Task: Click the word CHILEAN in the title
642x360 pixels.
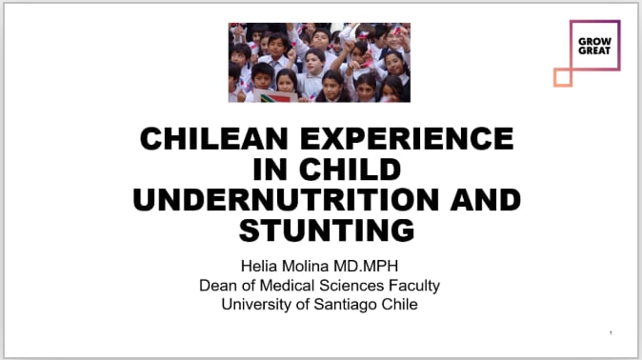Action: point(213,138)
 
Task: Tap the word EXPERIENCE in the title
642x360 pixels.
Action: point(407,138)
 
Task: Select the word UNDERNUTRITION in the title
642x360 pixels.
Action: point(286,200)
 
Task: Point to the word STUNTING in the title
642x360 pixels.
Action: point(327,230)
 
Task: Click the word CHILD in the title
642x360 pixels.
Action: point(350,170)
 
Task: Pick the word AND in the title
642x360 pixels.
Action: point(485,200)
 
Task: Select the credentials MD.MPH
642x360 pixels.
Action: point(366,267)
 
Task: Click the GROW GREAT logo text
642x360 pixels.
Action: point(594,47)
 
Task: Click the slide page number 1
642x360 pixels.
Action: point(611,333)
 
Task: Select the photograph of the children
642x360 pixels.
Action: point(319,62)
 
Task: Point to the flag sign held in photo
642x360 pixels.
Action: point(275,96)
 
